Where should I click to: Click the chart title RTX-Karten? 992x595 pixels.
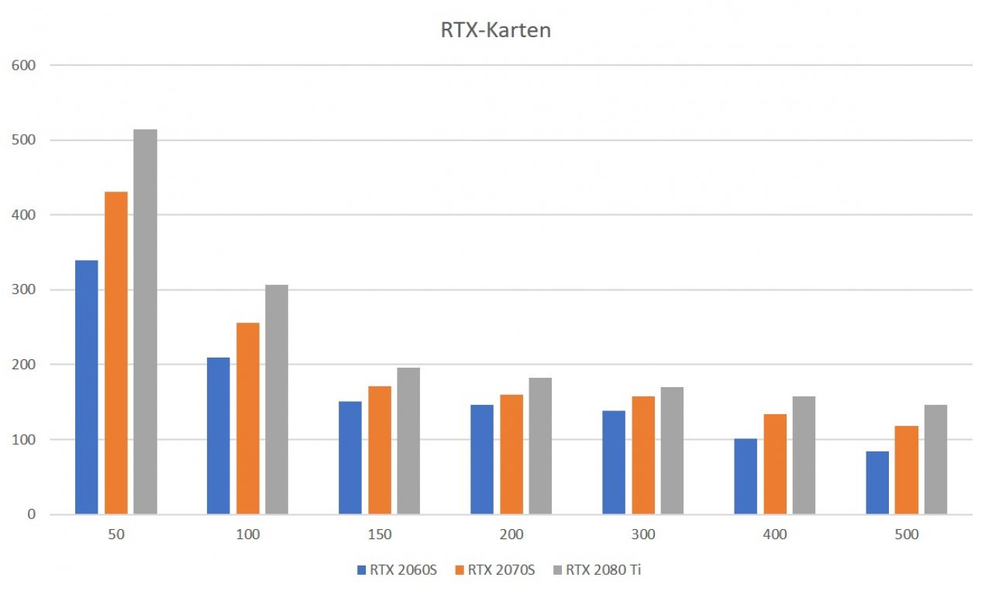[x=495, y=30]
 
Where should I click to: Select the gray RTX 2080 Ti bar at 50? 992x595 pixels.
[x=145, y=322]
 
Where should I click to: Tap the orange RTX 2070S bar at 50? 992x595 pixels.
[x=116, y=353]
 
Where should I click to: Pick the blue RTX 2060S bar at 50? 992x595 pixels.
[x=87, y=387]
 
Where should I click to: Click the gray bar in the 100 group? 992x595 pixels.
[x=277, y=400]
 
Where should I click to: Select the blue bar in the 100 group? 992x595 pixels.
[x=219, y=436]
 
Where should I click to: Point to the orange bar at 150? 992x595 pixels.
[x=380, y=450]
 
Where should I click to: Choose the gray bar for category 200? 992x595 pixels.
[x=540, y=446]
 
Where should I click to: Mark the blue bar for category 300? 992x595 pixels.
[x=614, y=462]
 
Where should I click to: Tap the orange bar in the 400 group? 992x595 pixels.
[x=775, y=464]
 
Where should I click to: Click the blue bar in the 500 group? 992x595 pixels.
[x=877, y=483]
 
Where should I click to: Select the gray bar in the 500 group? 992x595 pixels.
[x=935, y=459]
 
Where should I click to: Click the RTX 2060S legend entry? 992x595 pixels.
[x=397, y=569]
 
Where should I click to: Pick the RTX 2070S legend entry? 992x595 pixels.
[x=495, y=569]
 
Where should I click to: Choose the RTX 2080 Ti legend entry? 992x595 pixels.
[x=598, y=569]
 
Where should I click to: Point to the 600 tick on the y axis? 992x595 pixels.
[x=23, y=66]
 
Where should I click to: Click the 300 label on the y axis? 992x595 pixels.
[x=23, y=289]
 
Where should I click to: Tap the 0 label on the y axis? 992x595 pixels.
[x=32, y=514]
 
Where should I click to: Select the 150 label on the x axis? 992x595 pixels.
[x=380, y=534]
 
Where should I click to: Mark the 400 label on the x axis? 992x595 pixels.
[x=775, y=534]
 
